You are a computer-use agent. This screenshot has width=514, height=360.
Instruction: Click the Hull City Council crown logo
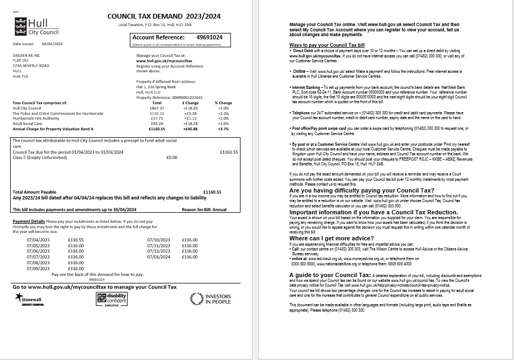(x=20, y=24)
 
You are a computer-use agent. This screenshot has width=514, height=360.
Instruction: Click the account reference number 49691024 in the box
(x=209, y=37)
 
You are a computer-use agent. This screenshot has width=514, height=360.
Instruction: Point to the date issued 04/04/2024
(x=52, y=44)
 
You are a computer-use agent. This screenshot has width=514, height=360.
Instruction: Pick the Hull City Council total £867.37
(x=157, y=108)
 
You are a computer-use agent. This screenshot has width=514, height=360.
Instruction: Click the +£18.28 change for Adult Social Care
(x=190, y=123)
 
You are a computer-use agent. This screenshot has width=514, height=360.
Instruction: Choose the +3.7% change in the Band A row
(x=223, y=129)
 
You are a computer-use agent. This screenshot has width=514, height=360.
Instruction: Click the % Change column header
(x=223, y=103)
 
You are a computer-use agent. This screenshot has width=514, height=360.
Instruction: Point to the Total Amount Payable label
(x=34, y=192)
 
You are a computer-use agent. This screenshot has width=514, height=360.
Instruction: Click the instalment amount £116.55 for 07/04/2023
(x=76, y=240)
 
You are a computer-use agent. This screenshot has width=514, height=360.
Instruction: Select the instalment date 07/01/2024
(x=159, y=257)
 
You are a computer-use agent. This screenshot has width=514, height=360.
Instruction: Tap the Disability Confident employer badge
(x=111, y=299)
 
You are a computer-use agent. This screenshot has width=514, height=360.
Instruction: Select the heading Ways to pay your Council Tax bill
(x=327, y=45)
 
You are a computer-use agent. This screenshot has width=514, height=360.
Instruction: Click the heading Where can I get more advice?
(x=331, y=238)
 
